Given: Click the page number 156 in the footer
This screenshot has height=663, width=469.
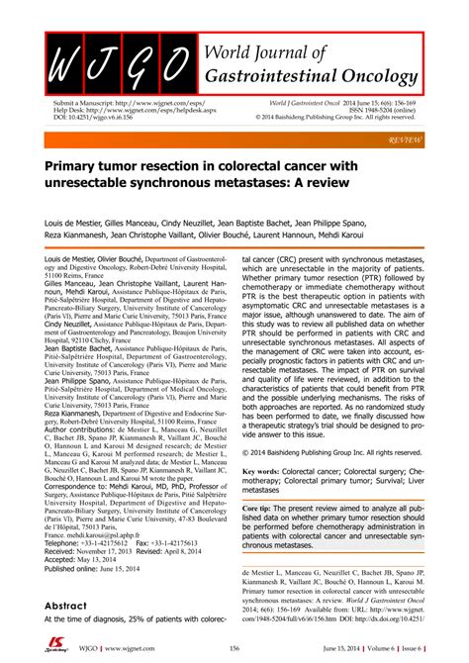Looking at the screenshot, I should (x=234, y=648).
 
